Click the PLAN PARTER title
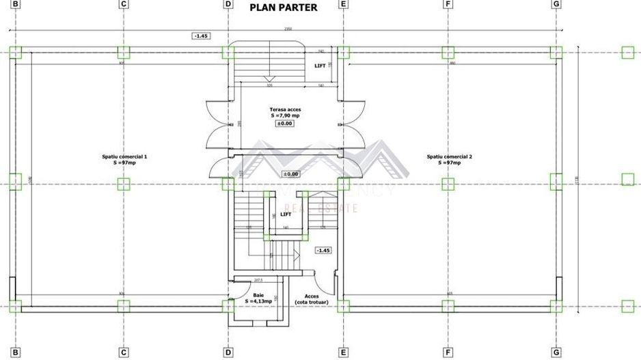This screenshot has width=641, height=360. tap(284, 8)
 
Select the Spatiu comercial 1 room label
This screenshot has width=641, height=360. tap(124, 156)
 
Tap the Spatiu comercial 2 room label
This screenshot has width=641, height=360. tap(449, 156)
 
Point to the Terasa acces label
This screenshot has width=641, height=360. tap(284, 109)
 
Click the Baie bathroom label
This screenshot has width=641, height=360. tap(258, 294)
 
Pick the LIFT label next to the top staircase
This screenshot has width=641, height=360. tap(320, 66)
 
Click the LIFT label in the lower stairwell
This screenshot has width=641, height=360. tap(286, 214)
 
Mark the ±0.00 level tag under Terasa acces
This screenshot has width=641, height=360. tap(284, 124)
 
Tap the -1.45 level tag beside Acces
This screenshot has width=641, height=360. tap(323, 251)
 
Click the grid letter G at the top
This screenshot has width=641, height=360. tap(557, 5)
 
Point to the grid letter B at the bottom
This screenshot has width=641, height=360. tap(16, 353)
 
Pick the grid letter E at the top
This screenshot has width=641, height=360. tap(343, 5)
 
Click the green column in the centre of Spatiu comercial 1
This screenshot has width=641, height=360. tap(123, 183)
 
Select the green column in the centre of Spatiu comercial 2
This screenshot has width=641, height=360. tap(448, 183)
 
